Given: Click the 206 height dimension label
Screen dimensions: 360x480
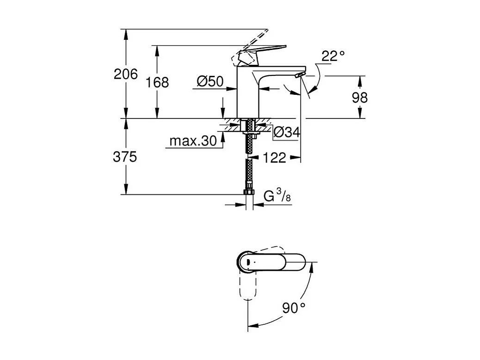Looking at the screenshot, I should pyautogui.click(x=126, y=74).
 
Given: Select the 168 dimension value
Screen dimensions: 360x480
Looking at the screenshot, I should pyautogui.click(x=157, y=83).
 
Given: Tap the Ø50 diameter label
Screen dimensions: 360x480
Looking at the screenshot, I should pyautogui.click(x=210, y=82).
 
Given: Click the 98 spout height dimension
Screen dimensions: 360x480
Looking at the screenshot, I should pyautogui.click(x=359, y=98).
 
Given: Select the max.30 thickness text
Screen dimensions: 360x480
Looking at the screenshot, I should pyautogui.click(x=193, y=141).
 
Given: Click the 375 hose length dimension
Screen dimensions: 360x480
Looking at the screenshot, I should pyautogui.click(x=125, y=157).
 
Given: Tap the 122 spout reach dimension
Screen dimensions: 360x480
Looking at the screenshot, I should pyautogui.click(x=275, y=158).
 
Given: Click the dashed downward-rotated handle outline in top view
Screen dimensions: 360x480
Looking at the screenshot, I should pyautogui.click(x=249, y=287).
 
